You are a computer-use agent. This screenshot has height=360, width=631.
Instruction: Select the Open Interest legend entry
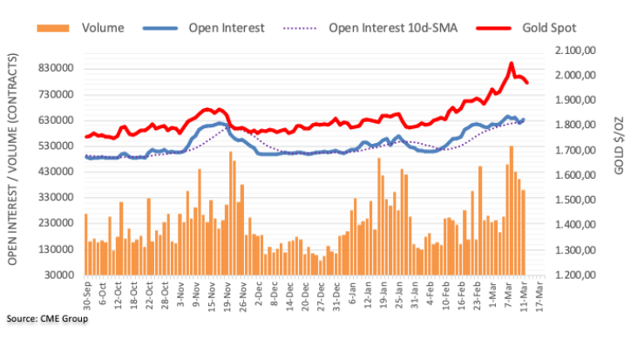[x=227, y=27]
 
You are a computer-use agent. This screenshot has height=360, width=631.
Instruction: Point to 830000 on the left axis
[x=54, y=69]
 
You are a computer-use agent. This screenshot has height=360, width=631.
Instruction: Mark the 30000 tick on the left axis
[x=58, y=275]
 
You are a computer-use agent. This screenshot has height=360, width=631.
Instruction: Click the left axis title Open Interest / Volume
[x=12, y=166]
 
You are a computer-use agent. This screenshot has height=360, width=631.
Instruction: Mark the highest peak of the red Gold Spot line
[x=511, y=64]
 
